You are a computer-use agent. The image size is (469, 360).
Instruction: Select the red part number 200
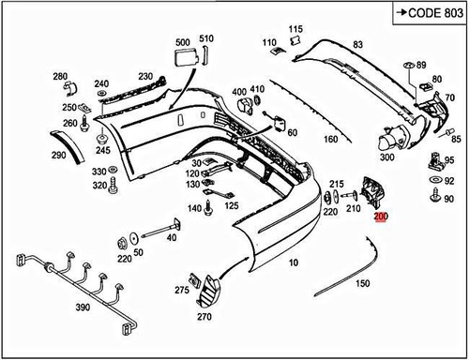[x=379, y=217]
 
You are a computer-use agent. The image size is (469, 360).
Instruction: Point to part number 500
[x=181, y=43]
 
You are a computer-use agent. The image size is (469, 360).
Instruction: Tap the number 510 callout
[x=206, y=38]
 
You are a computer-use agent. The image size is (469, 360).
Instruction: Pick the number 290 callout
[x=58, y=155]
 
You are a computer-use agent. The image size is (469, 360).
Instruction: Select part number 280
[x=60, y=76]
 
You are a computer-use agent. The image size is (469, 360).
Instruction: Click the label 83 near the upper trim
[x=357, y=45]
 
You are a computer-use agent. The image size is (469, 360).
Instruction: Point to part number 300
[x=386, y=157]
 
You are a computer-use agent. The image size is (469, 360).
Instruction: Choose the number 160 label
[x=330, y=140]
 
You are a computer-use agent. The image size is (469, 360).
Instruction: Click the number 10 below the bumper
[x=294, y=264]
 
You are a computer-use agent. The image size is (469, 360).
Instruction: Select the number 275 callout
[x=182, y=291]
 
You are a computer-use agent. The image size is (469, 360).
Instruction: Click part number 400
[x=239, y=91]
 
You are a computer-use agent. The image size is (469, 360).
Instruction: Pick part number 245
[x=102, y=150]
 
